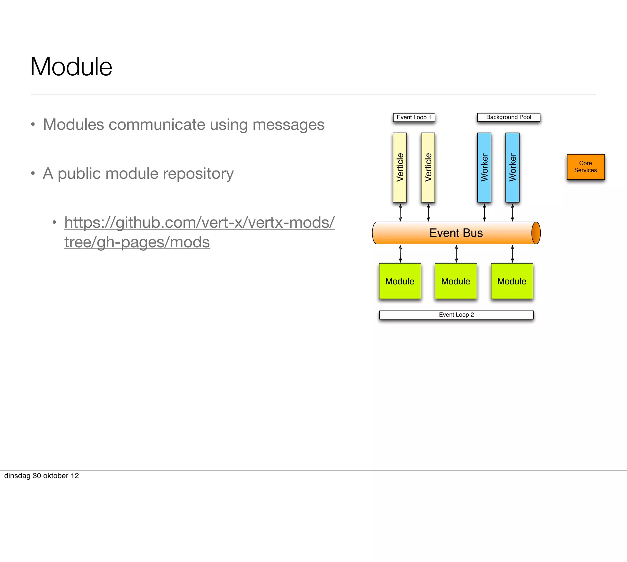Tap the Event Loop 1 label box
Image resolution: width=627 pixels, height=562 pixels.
[414, 117]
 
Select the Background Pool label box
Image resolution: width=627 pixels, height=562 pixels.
[509, 117]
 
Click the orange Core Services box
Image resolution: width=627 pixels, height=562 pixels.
[585, 167]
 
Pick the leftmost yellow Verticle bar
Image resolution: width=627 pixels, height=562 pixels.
[400, 167]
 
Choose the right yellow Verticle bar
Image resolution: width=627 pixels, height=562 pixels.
[428, 167]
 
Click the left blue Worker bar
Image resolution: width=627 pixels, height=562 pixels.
[484, 167]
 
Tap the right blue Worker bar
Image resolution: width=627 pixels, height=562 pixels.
[512, 167]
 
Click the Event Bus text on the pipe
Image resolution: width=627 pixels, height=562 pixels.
[456, 233]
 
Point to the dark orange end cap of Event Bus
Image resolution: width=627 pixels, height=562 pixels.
[536, 233]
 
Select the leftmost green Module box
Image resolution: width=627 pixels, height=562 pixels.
[400, 281]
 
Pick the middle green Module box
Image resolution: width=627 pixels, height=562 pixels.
[456, 281]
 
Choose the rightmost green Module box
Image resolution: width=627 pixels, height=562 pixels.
[512, 281]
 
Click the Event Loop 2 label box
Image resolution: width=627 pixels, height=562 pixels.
[456, 315]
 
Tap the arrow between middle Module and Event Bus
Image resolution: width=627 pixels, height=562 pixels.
[456, 253]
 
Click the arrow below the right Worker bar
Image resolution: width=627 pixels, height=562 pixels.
[512, 212]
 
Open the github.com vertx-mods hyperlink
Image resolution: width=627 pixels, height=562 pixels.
[199, 223]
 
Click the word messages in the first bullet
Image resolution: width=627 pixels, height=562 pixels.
[288, 125]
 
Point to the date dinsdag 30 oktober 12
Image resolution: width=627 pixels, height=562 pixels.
[41, 476]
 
